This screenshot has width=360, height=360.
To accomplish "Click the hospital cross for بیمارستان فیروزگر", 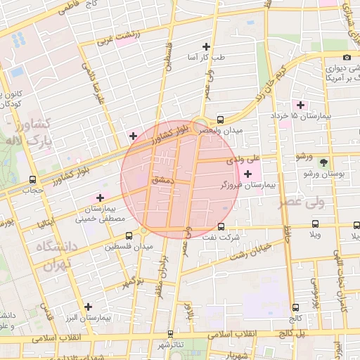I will pos(247,174).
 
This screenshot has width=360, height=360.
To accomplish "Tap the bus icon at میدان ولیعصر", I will pos(221,120).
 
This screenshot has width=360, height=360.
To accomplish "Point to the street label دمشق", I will pos(162,180).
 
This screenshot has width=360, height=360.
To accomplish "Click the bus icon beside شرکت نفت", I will pos(221,227).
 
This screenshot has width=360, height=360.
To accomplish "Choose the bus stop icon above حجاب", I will pos(32,179).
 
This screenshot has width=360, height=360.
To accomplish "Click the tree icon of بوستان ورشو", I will pos(323,161).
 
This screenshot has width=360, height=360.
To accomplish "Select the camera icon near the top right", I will pos(346,57).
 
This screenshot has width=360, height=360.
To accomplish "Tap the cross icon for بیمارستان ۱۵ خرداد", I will pos(300,104).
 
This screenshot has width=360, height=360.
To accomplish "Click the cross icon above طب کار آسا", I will pos(205,46).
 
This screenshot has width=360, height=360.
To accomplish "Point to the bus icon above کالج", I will pos(295,307).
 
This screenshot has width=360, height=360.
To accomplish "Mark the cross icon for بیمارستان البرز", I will pos(88,307).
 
